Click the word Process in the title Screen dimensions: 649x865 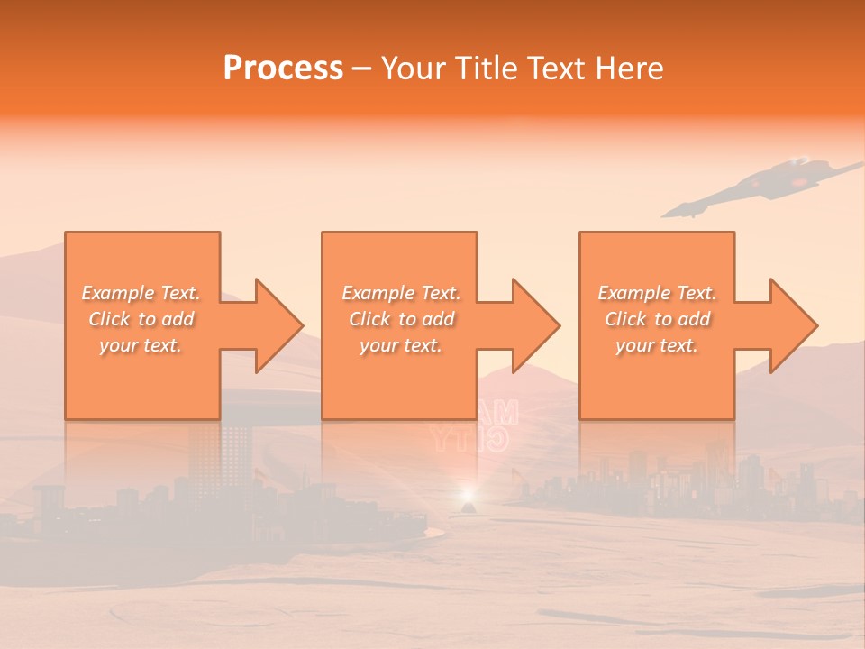click(x=283, y=69)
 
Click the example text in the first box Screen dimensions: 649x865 click(x=141, y=319)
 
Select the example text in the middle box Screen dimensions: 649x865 click(x=401, y=319)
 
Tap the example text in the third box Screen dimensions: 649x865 click(x=657, y=319)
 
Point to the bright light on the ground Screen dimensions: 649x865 click(x=468, y=494)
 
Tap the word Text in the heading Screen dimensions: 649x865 click(x=556, y=69)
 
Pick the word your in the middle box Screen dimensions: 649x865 click(x=378, y=345)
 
